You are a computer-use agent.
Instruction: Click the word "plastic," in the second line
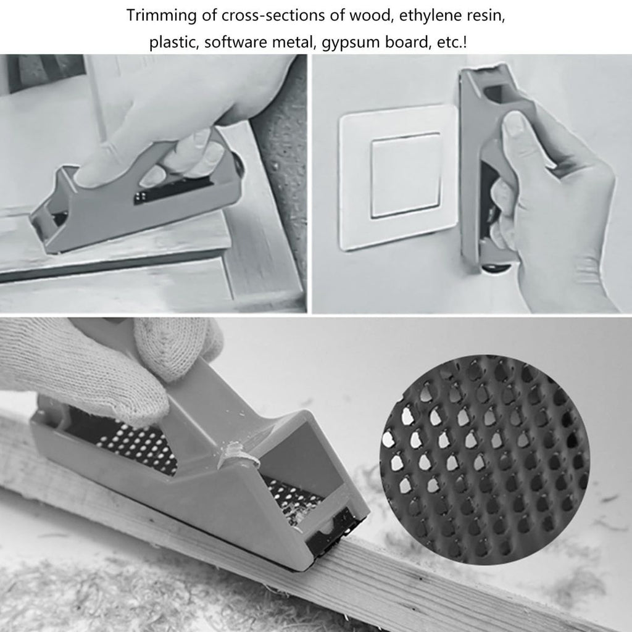point(174,42)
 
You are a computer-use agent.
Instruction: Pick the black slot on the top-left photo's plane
point(173,190)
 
